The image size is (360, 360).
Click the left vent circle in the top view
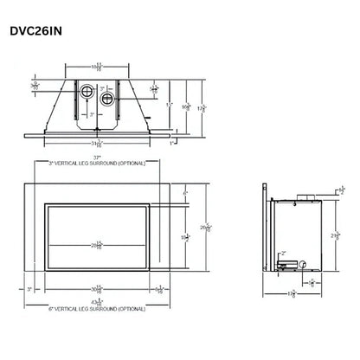coord(87,93)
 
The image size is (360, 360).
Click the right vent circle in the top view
coord(107,98)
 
